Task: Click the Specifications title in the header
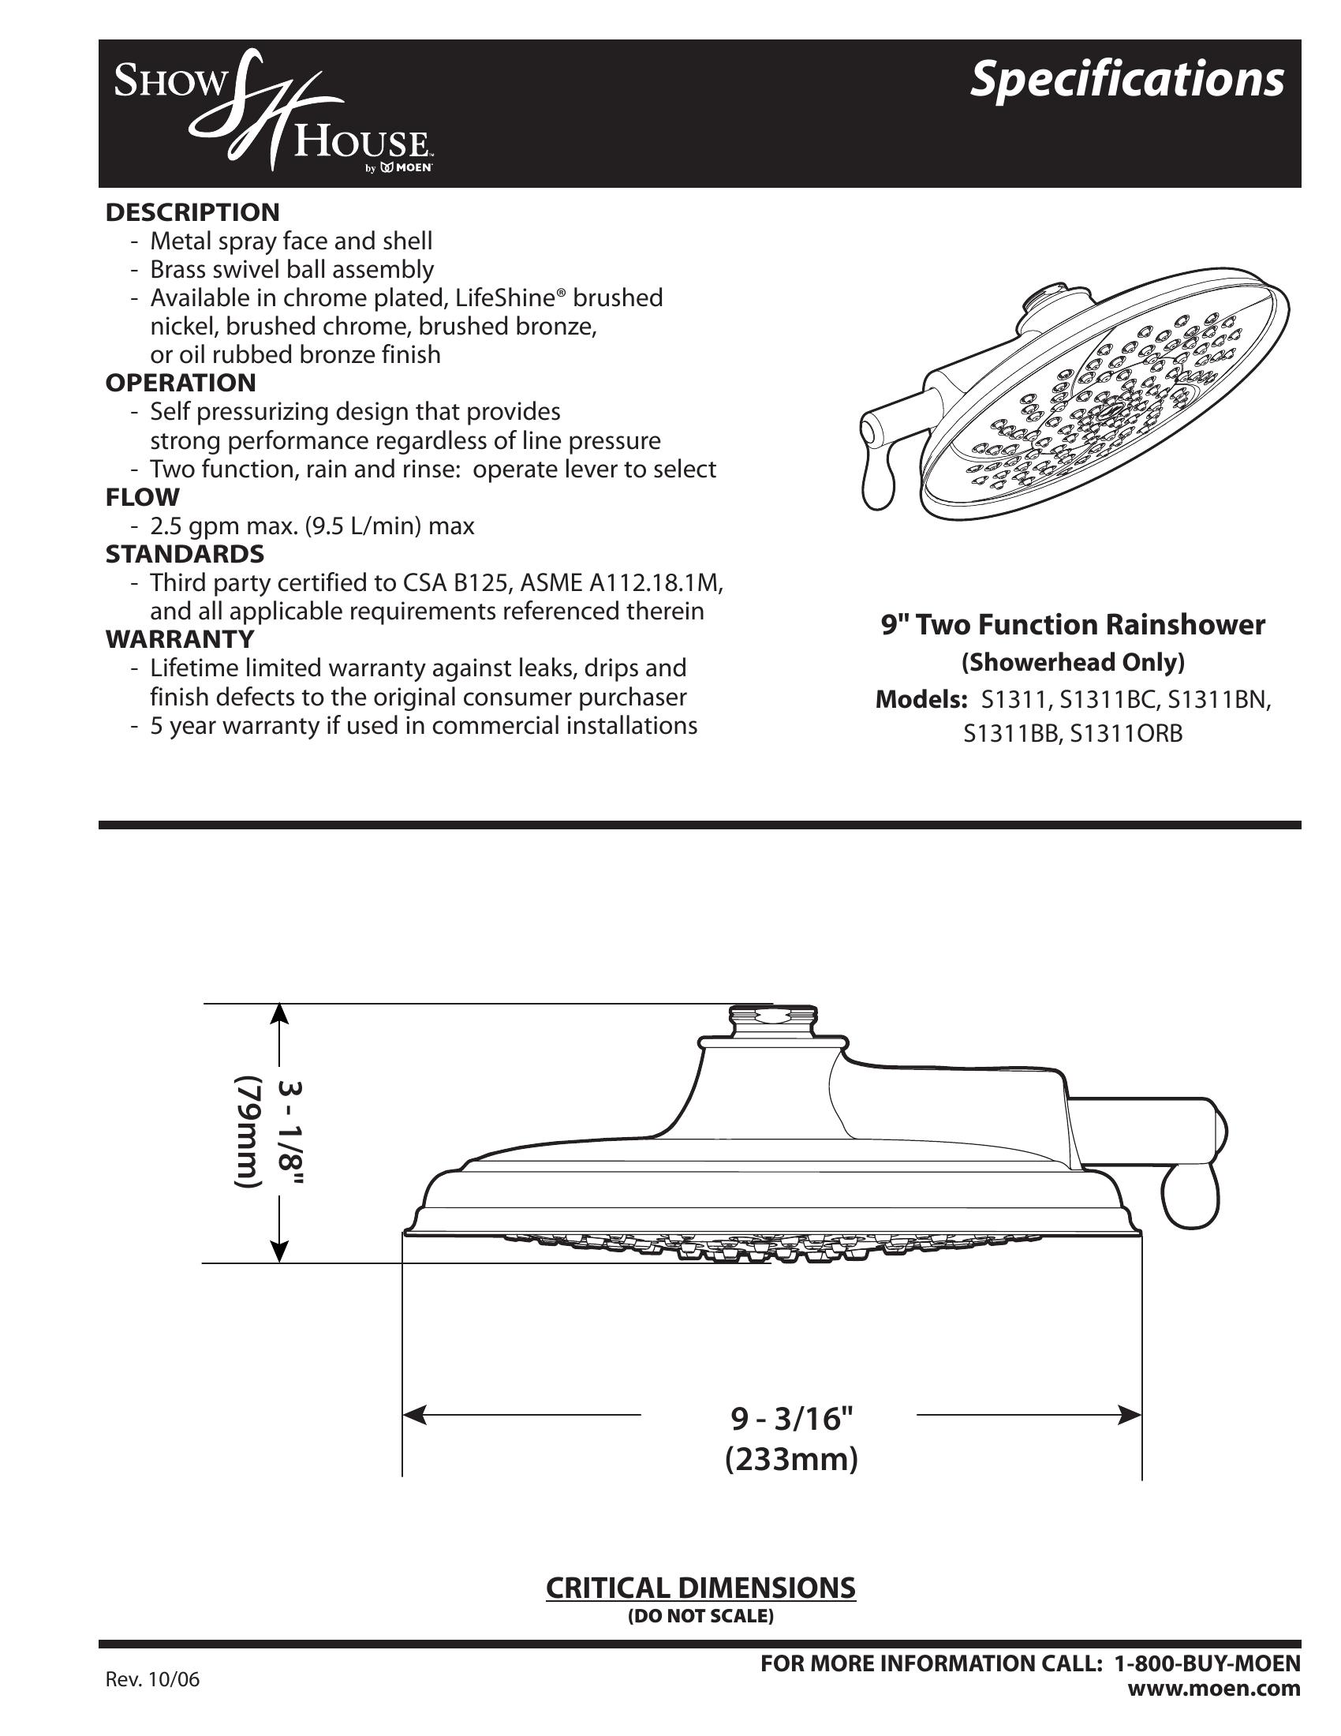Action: (1126, 80)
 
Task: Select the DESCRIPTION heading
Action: (192, 212)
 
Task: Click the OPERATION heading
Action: (181, 383)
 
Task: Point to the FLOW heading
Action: (142, 498)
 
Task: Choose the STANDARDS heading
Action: (185, 553)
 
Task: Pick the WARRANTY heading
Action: (180, 639)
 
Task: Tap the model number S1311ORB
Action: (1126, 734)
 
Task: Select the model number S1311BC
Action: (1110, 700)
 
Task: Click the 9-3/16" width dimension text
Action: (791, 1416)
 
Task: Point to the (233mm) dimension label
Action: (791, 1460)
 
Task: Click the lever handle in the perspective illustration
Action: (878, 481)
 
